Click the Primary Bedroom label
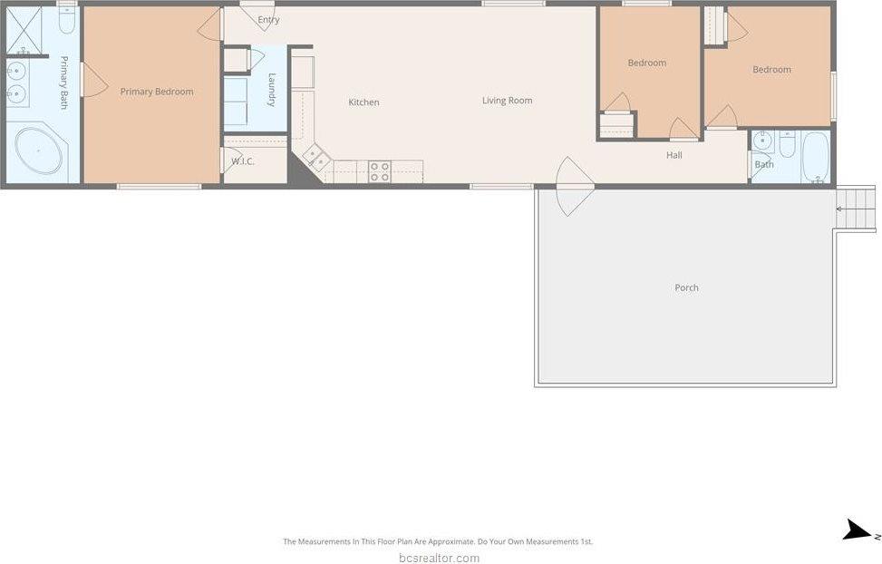click(x=157, y=92)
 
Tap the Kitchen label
click(x=363, y=102)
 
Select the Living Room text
click(x=507, y=101)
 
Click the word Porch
click(x=686, y=287)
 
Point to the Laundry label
click(x=271, y=91)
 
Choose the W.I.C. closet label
click(x=242, y=161)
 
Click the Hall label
click(x=674, y=155)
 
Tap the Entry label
click(x=268, y=20)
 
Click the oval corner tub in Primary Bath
click(x=38, y=151)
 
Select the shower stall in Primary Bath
click(x=25, y=31)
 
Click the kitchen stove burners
click(x=379, y=171)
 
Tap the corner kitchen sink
click(x=316, y=160)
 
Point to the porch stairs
click(x=857, y=209)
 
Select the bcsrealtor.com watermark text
click(x=439, y=558)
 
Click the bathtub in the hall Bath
click(x=815, y=157)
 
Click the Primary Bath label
click(x=64, y=76)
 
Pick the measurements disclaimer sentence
click(x=438, y=541)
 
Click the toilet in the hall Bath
click(x=787, y=143)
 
